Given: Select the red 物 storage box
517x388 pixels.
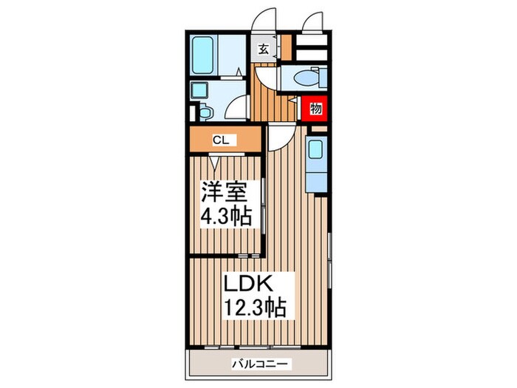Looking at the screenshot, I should pyautogui.click(x=315, y=109).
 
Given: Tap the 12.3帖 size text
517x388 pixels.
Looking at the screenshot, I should pyautogui.click(x=255, y=305).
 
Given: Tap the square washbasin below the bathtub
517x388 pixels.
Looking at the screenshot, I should pyautogui.click(x=199, y=91).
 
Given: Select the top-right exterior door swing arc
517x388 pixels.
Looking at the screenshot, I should pyautogui.click(x=313, y=21).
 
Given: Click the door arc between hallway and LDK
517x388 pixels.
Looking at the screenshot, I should pyautogui.click(x=279, y=137).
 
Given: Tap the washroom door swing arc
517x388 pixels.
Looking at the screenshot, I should pyautogui.click(x=236, y=111).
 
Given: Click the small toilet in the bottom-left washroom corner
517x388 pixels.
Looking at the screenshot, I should pyautogui.click(x=203, y=112).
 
